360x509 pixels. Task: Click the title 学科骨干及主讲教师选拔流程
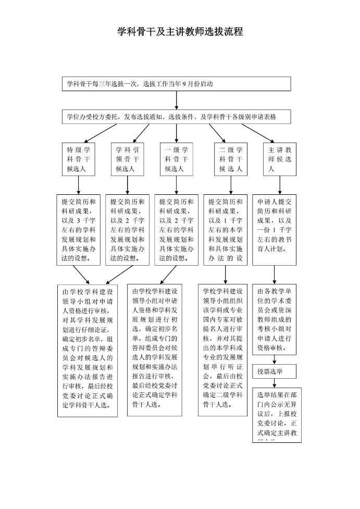(180, 32)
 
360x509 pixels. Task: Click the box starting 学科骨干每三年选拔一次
(176, 83)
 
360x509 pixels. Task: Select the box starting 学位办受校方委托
(176, 117)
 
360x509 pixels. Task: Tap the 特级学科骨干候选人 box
(78, 158)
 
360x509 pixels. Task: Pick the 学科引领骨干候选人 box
(127, 158)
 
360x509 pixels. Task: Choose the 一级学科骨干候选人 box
(176, 158)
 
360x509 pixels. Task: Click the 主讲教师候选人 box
(280, 158)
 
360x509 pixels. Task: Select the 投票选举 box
(275, 371)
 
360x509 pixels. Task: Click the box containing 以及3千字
(78, 230)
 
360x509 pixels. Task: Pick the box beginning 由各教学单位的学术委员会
(277, 318)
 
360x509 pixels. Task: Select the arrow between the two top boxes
(177, 100)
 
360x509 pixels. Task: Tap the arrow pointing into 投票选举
(275, 358)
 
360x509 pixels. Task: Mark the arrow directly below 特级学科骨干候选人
(78, 184)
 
